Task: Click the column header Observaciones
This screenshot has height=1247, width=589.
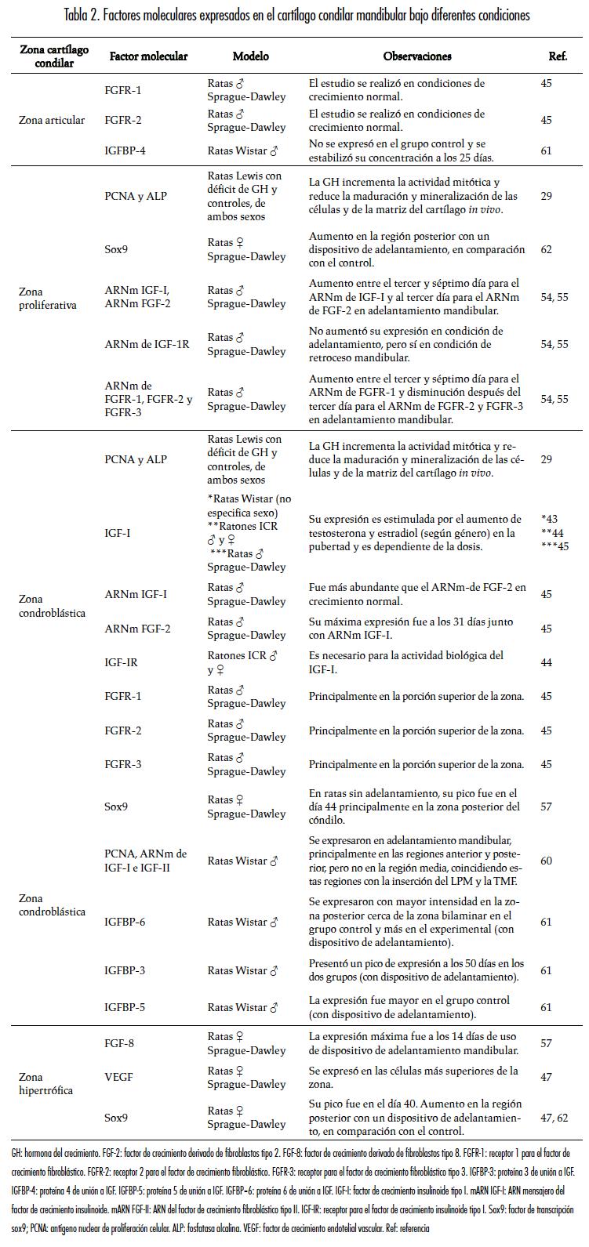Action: (417, 56)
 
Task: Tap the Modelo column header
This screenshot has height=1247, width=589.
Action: (250, 56)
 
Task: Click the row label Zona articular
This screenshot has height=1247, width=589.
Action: (52, 120)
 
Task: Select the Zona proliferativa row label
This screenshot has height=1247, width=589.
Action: (47, 298)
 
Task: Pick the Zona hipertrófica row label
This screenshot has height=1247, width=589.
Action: (45, 1083)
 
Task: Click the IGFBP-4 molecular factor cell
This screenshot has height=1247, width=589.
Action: (125, 150)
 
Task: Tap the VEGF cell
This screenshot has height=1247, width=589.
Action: (118, 1078)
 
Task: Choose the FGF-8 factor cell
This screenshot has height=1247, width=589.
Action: (120, 1043)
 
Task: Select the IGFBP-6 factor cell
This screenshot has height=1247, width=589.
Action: (125, 922)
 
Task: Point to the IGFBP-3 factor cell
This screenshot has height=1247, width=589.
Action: (125, 970)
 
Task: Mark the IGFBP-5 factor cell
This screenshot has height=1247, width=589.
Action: (125, 1007)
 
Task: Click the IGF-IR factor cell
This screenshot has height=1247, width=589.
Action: (121, 662)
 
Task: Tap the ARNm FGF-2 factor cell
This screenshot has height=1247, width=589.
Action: (137, 629)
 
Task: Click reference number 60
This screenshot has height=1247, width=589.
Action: (546, 861)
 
